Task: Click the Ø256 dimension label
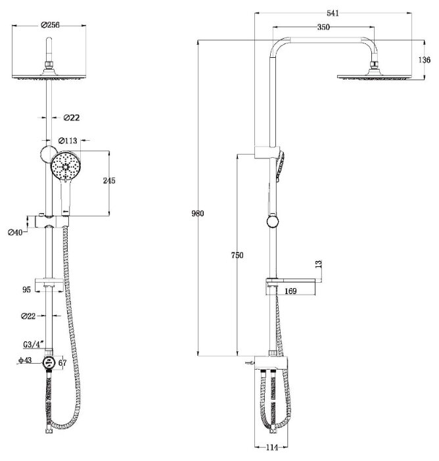(x=50, y=25)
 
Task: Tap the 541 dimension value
(x=333, y=13)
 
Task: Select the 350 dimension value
(x=323, y=27)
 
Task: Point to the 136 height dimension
(x=425, y=60)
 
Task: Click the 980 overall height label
(x=197, y=214)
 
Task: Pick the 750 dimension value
(x=237, y=255)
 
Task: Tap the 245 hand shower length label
(x=109, y=180)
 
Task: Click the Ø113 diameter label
(x=68, y=141)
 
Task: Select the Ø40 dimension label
(x=15, y=233)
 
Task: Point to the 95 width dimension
(x=26, y=289)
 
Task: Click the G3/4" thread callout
(x=34, y=344)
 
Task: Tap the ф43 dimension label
(x=25, y=360)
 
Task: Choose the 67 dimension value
(x=62, y=363)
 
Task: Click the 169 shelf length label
(x=290, y=291)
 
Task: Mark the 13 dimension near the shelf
(x=318, y=264)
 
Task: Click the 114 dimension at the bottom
(x=272, y=447)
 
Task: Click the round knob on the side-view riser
(x=273, y=222)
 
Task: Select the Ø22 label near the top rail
(x=72, y=118)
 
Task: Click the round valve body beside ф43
(x=49, y=362)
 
